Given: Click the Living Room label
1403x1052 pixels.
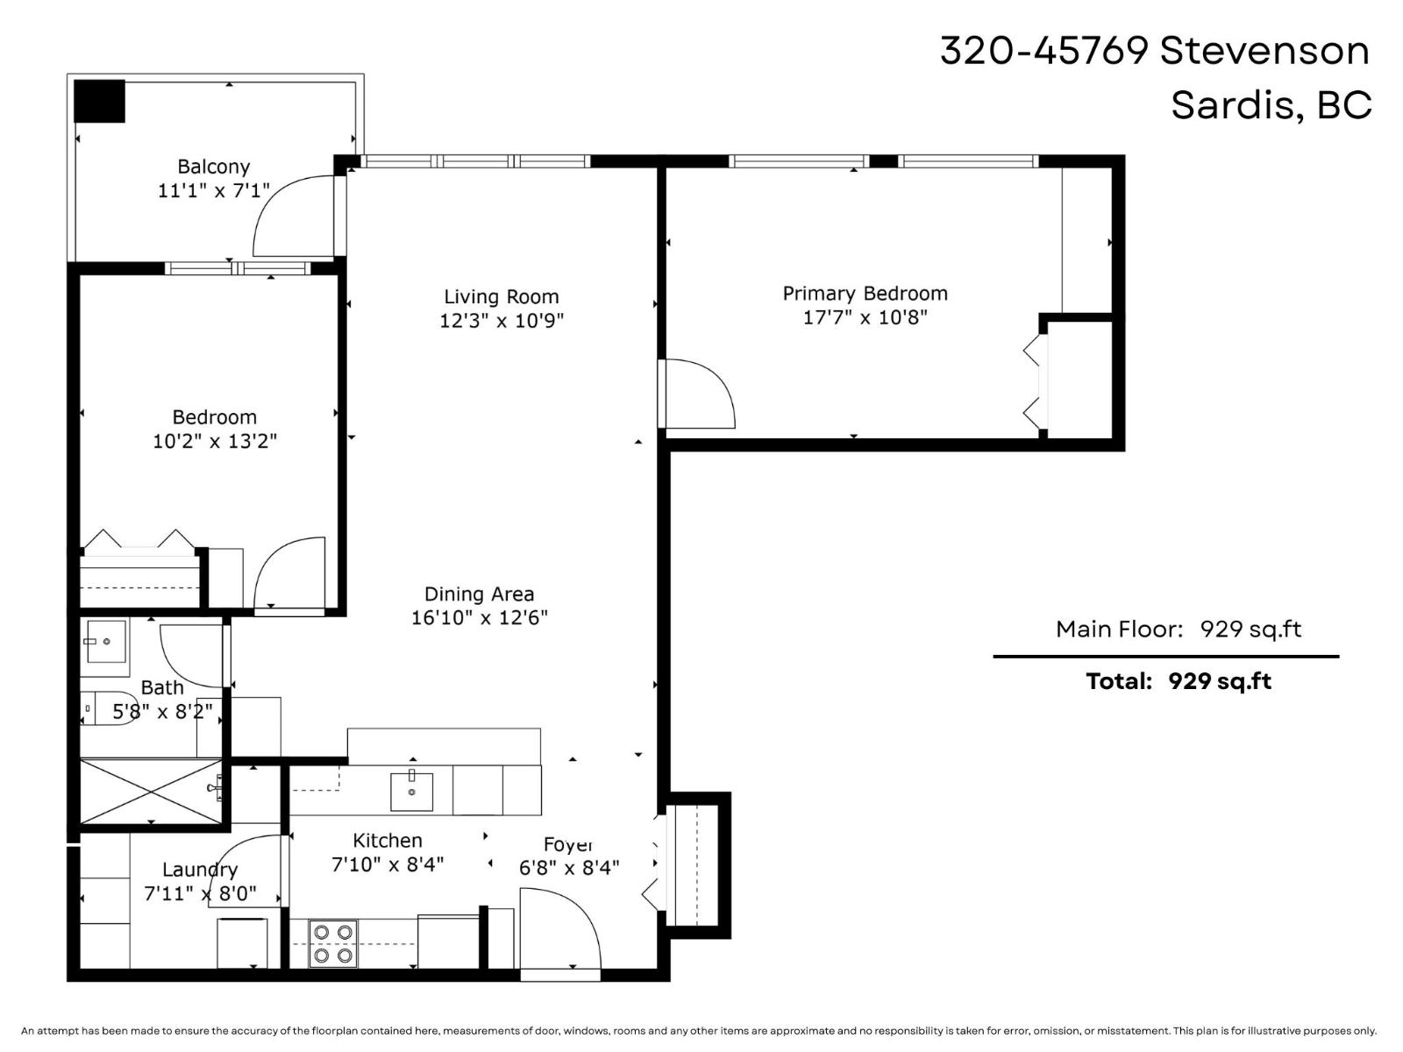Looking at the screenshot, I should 501,297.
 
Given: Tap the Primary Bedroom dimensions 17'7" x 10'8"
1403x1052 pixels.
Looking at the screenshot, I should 865,317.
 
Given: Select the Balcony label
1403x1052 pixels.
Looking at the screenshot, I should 213,167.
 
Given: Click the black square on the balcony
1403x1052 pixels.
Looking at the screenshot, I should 99,101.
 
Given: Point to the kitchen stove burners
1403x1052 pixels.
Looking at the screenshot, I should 333,943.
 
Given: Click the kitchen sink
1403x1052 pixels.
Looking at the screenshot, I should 411,791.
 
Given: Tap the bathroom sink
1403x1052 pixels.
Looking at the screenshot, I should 105,642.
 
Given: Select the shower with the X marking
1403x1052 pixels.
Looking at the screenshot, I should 151,792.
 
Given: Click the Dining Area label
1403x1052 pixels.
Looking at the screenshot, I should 479,594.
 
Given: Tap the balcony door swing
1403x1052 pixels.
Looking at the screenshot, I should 294,215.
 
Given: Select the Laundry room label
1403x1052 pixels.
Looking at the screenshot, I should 200,870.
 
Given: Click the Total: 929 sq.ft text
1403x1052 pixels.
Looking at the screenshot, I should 1178,681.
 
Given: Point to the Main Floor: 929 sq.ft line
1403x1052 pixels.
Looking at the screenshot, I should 1178,629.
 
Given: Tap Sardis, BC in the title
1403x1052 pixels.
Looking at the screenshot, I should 1271,105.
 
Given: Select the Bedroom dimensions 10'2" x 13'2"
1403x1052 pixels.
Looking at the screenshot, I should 215,441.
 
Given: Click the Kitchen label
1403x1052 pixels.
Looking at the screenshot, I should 388,841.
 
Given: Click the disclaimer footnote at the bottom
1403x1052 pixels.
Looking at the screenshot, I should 698,1031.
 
